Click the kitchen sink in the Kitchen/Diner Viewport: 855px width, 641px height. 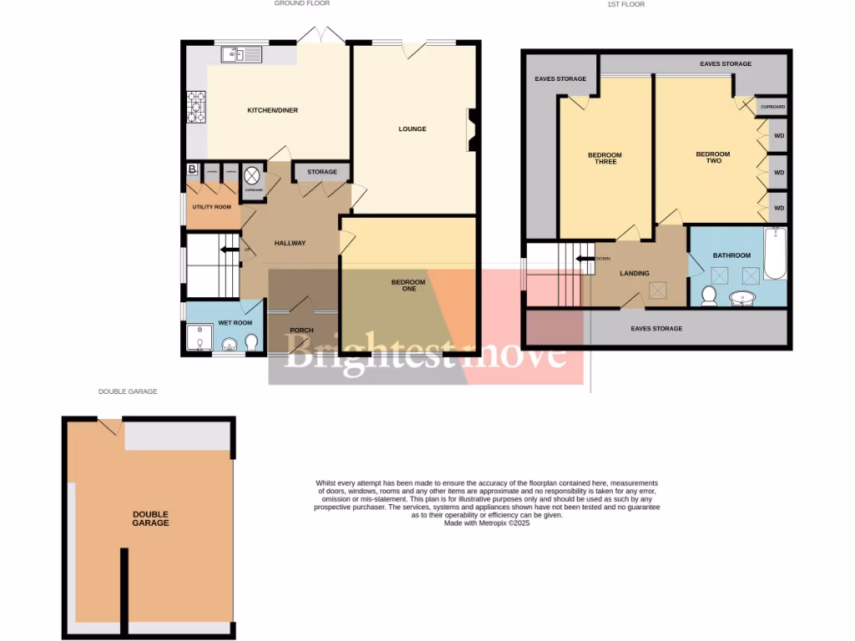[241, 55]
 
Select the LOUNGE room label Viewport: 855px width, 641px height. [412, 129]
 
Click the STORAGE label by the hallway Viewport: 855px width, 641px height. [322, 172]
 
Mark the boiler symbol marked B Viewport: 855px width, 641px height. [193, 171]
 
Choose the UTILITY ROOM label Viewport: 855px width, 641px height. [212, 206]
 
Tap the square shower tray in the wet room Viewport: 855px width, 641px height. [199, 338]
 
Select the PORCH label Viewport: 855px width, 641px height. [301, 331]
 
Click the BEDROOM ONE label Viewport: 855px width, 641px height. [408, 285]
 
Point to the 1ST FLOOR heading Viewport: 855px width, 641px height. [626, 4]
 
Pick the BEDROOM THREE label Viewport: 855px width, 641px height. [605, 159]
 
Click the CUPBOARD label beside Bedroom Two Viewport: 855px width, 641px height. [772, 107]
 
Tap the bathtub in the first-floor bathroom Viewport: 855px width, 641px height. [774, 254]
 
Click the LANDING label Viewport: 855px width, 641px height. [635, 273]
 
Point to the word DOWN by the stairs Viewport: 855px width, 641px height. [603, 259]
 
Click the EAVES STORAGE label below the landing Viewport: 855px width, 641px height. [656, 329]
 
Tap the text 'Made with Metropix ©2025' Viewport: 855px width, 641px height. [487, 523]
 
